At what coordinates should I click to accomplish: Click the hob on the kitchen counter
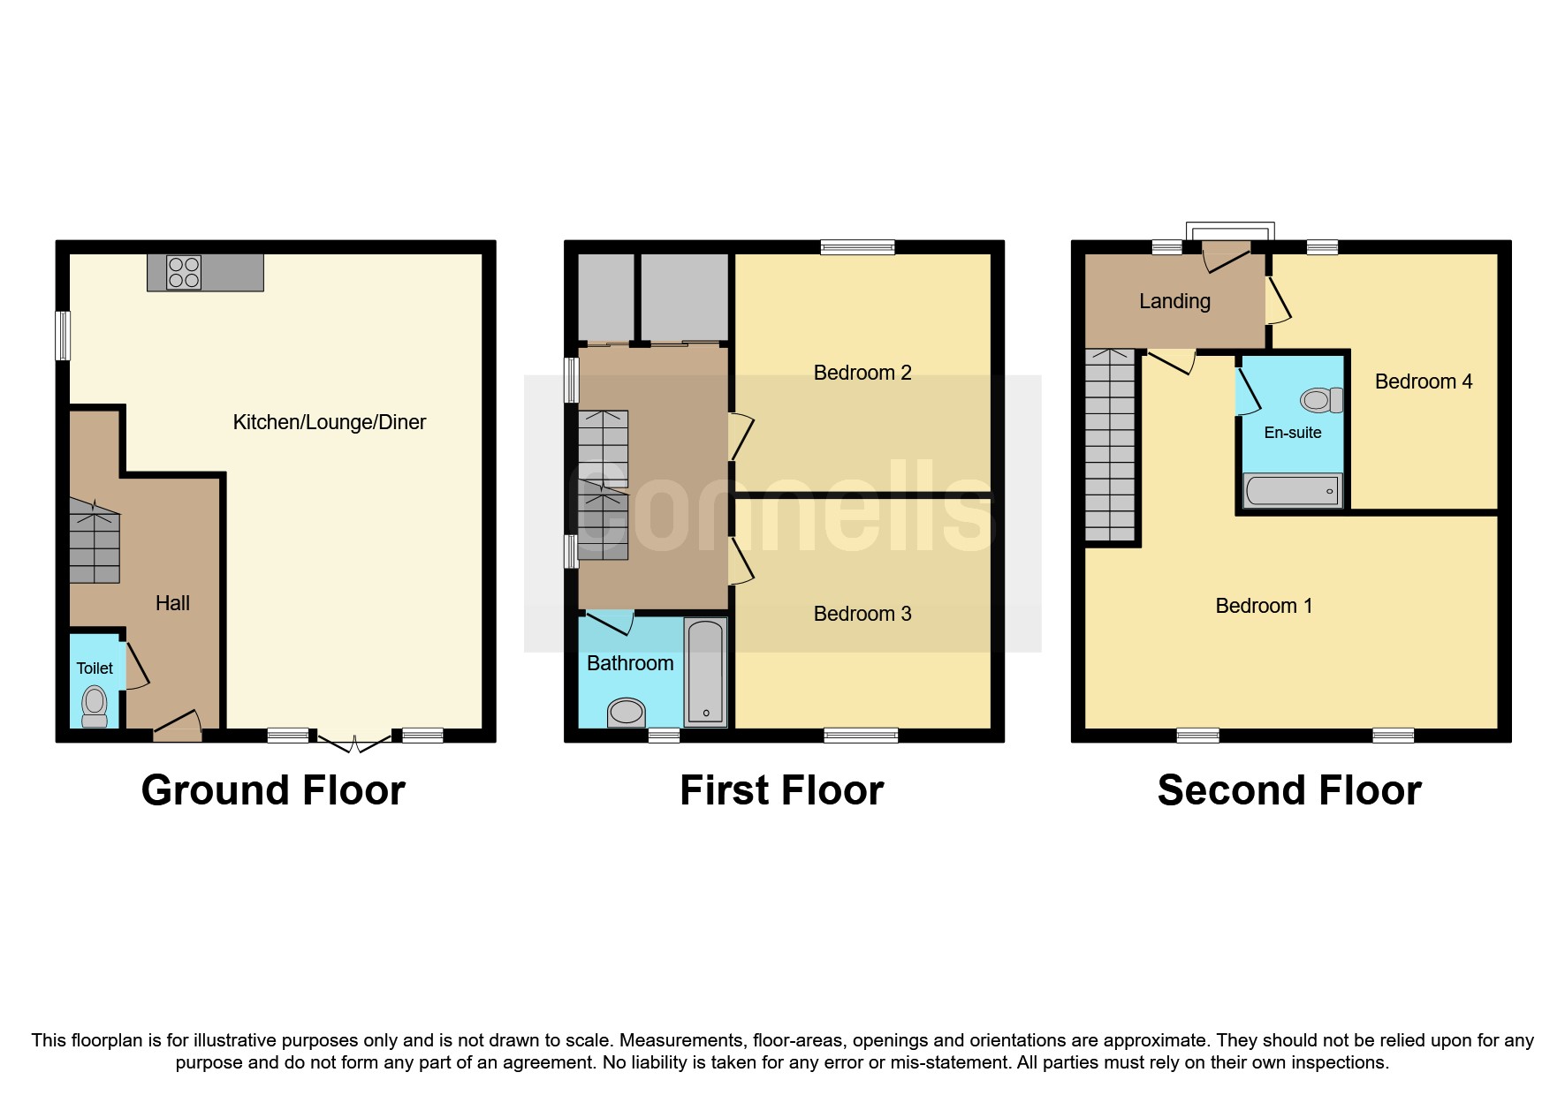[x=183, y=272]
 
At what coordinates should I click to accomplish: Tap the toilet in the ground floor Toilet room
[x=95, y=706]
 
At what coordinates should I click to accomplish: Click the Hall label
[x=172, y=603]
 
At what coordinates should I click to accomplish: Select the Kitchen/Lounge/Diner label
[x=329, y=422]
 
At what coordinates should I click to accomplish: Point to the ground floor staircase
[x=95, y=540]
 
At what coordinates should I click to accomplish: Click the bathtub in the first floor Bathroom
[x=705, y=671]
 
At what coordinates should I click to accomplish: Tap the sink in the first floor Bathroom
[x=627, y=712]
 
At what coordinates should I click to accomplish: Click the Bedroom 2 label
[x=862, y=373]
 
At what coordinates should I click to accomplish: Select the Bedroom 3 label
[x=862, y=614]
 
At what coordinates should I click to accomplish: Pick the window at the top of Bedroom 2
[x=857, y=247]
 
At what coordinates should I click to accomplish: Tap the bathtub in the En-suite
[x=1292, y=491]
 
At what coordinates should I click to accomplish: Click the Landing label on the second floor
[x=1174, y=301]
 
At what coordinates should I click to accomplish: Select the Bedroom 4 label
[x=1423, y=381]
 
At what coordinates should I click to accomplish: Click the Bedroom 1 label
[x=1263, y=606]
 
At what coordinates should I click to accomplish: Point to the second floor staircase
[x=1110, y=446]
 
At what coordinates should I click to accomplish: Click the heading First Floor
[x=781, y=790]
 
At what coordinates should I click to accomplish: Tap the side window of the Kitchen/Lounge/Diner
[x=62, y=336]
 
